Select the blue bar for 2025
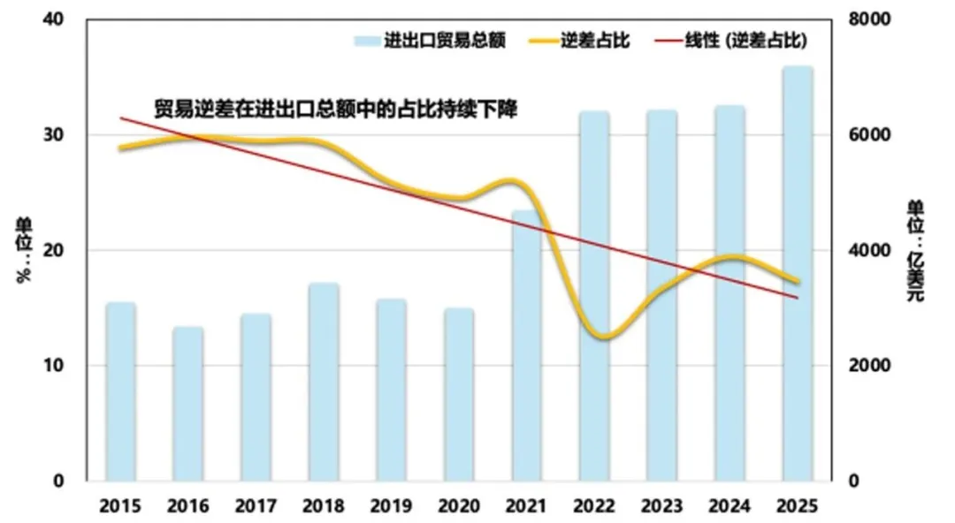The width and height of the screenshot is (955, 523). click(797, 274)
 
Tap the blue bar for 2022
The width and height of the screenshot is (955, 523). click(594, 296)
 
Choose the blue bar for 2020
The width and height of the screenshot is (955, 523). click(459, 394)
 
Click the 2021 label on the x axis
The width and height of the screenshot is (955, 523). click(526, 507)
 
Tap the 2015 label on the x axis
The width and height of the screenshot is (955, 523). click(120, 507)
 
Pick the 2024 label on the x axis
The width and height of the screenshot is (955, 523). click(730, 507)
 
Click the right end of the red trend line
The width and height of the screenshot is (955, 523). click(798, 298)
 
